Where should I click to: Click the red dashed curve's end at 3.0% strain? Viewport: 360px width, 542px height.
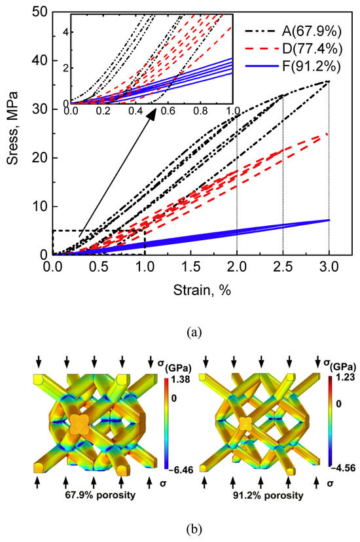(x=328, y=134)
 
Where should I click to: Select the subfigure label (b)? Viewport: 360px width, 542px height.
(x=190, y=526)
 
